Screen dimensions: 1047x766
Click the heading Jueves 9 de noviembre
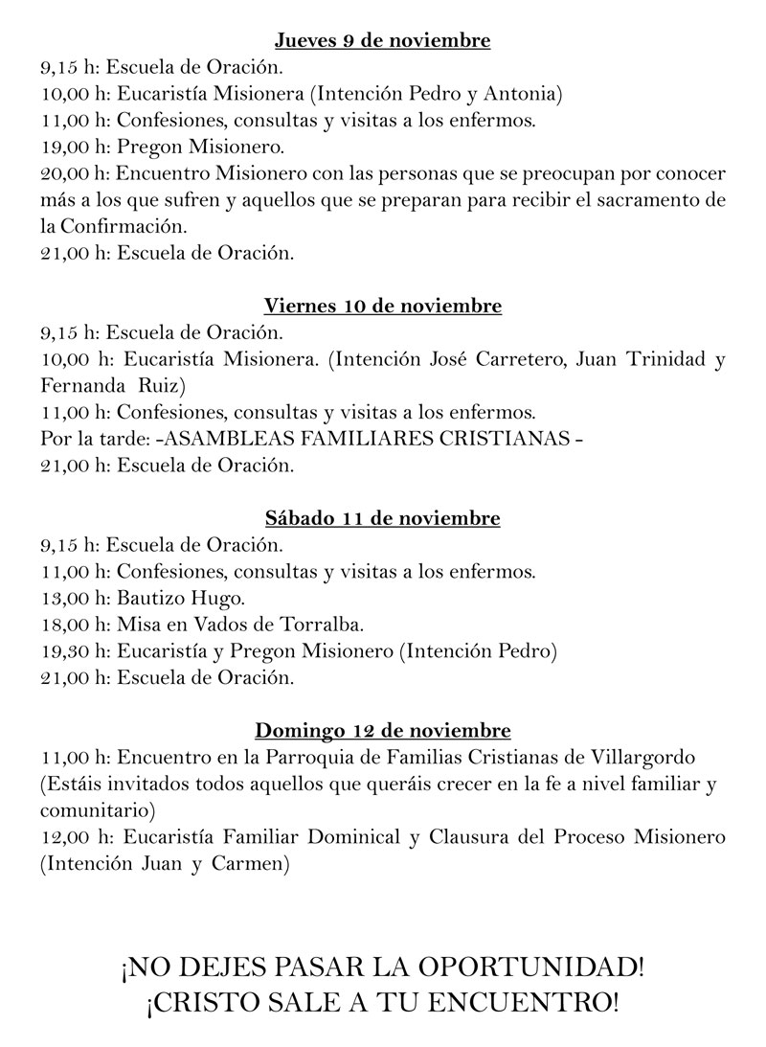point(382,40)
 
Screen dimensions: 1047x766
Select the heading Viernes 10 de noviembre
point(382,307)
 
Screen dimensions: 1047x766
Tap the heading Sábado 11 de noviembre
point(382,519)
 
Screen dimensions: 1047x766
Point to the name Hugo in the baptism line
point(220,599)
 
